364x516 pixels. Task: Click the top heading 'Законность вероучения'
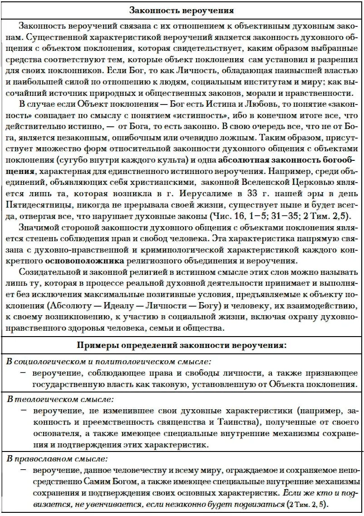[182, 10]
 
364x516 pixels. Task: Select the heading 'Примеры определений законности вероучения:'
[182, 346]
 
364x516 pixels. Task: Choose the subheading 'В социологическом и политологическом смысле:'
[108, 362]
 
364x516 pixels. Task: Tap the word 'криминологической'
[188, 251]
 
